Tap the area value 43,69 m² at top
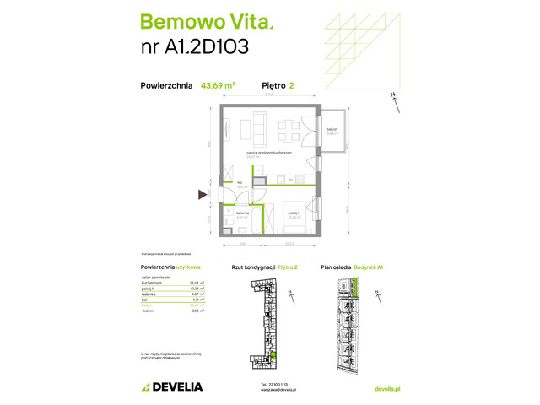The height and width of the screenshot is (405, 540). coord(218,84)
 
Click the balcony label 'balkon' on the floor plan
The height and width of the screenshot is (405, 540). coord(332,129)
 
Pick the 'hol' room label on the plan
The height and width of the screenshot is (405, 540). coord(240,182)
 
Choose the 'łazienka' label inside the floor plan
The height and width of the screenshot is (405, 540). coord(242,214)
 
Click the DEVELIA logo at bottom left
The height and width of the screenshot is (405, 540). coord(172,386)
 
